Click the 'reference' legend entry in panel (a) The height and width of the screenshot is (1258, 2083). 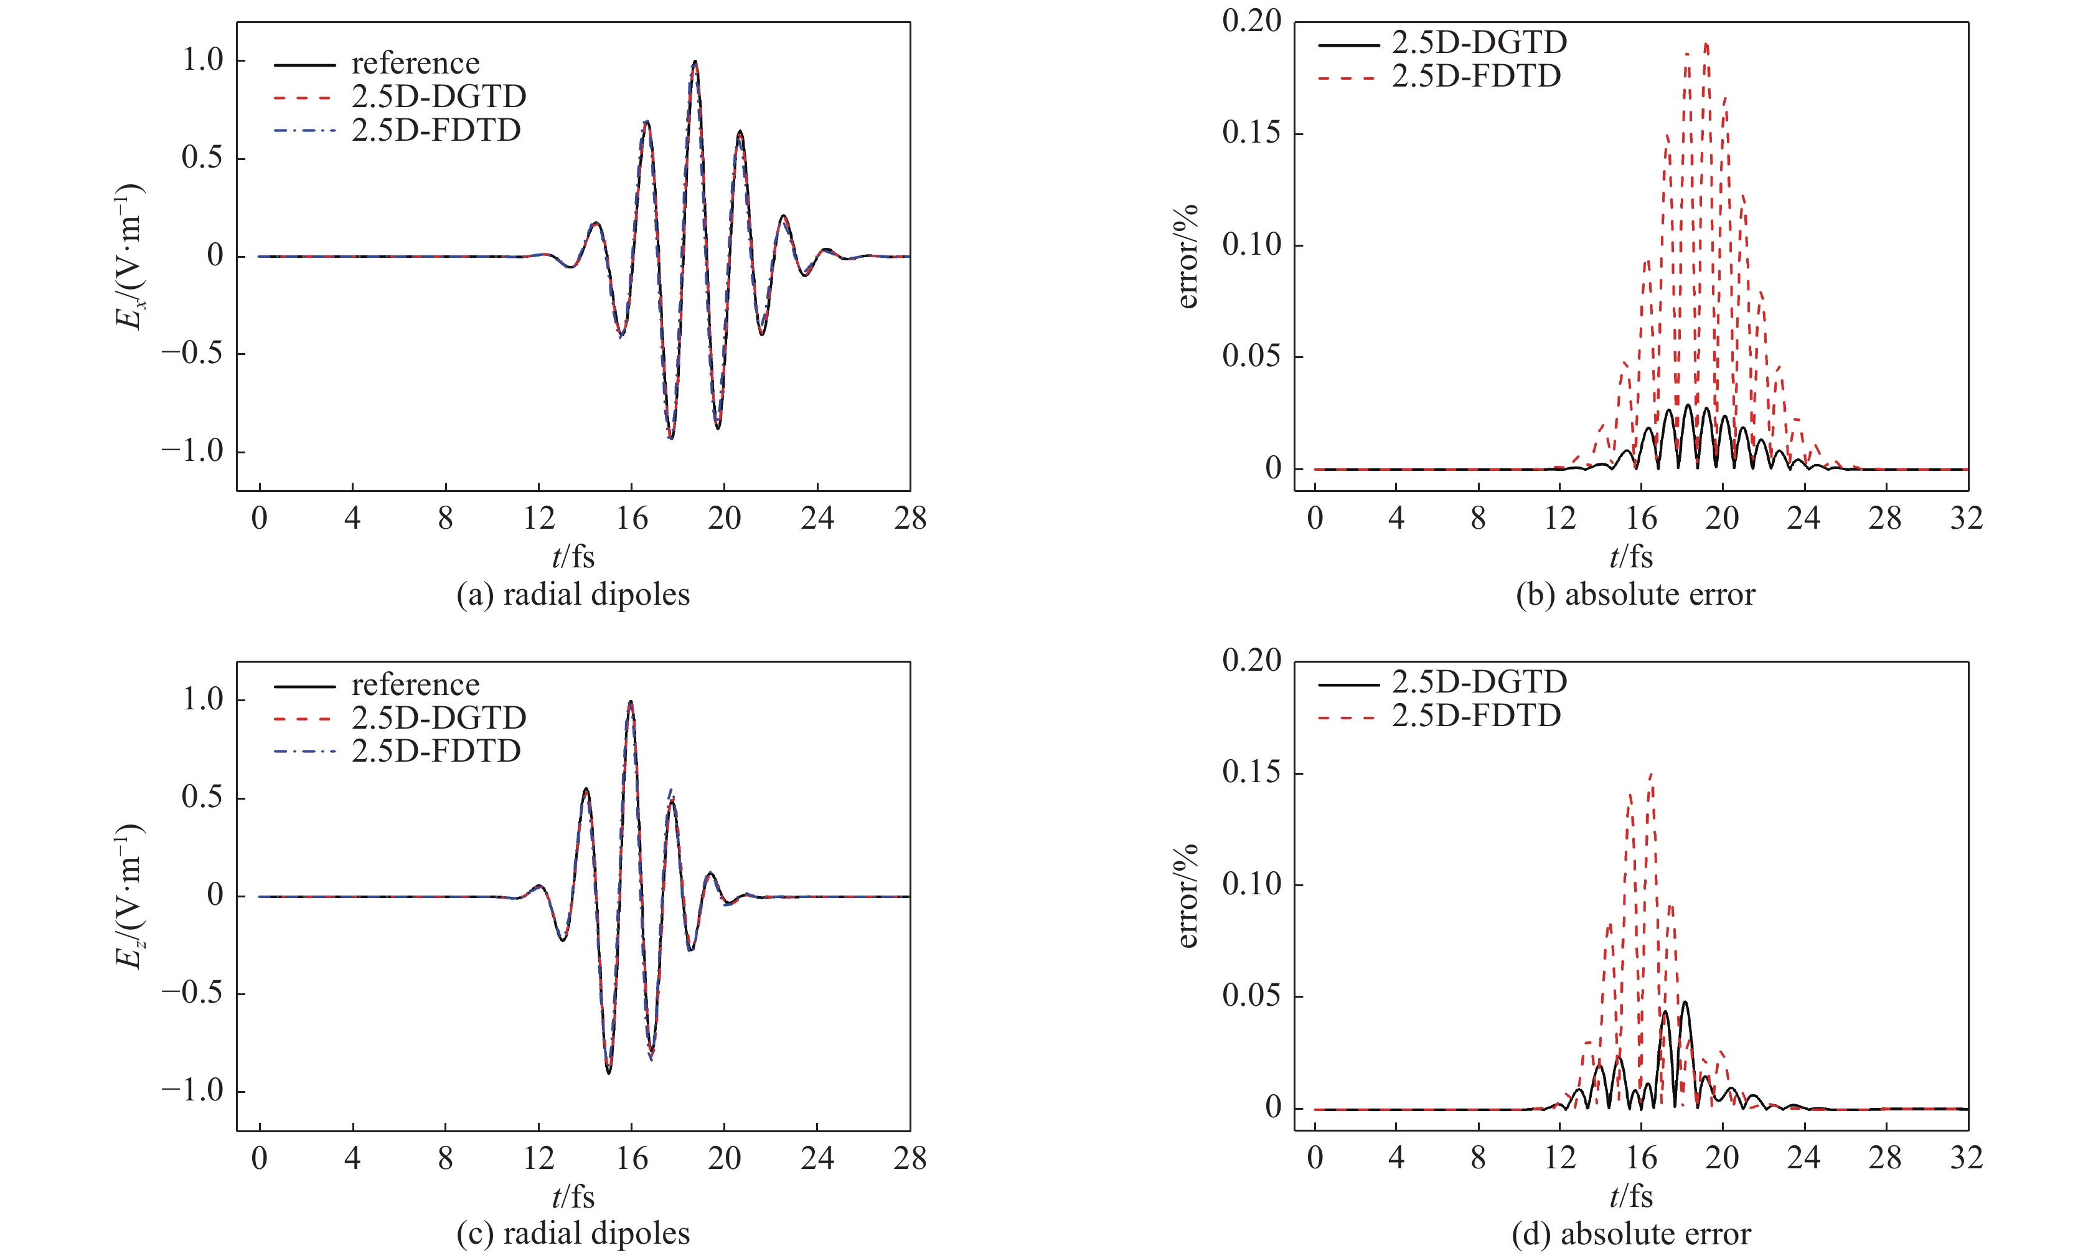pos(415,64)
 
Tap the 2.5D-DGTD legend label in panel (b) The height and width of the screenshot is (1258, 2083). pos(1479,42)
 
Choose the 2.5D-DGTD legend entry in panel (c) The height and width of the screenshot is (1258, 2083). pos(439,718)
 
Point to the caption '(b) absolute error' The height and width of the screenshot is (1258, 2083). pos(1635,594)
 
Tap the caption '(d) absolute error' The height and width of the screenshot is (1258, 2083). pos(1630,1234)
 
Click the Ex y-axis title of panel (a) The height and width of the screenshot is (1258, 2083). pos(129,256)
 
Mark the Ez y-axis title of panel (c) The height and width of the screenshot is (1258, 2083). pos(129,896)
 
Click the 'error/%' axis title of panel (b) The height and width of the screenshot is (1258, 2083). pos(1187,256)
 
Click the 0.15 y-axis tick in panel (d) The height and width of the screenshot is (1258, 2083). pos(1251,773)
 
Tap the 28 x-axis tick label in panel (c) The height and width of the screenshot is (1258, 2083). pos(910,1157)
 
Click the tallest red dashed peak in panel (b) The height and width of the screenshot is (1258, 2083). pos(1706,44)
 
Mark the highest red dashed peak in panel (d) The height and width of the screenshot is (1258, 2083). pos(1650,773)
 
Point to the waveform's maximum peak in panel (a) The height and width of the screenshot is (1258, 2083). pos(694,62)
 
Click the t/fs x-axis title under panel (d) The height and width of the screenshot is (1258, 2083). pos(1630,1196)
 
